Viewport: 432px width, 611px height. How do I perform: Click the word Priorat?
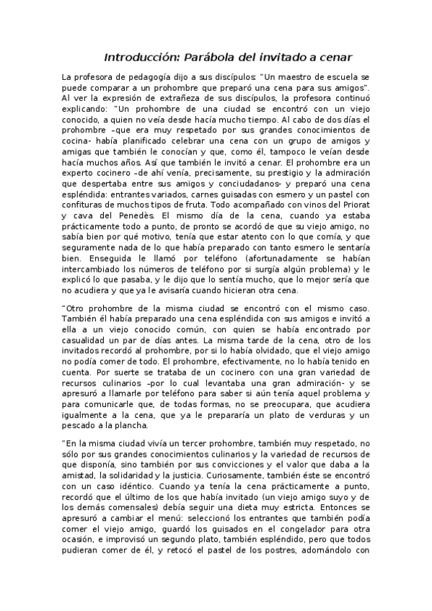click(x=353, y=204)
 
